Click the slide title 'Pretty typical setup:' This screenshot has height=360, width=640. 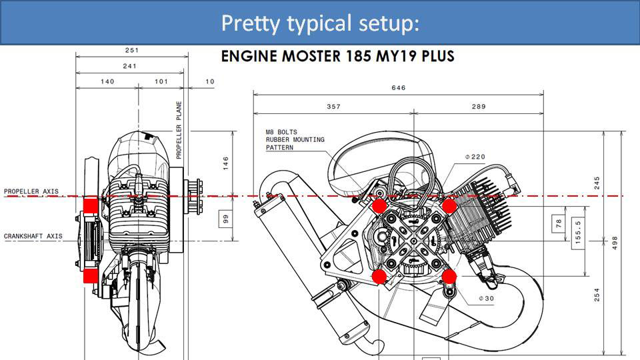(x=320, y=23)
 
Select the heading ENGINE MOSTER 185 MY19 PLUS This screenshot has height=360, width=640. (x=337, y=56)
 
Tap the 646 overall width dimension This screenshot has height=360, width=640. (x=398, y=87)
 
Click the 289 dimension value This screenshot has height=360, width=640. (x=479, y=106)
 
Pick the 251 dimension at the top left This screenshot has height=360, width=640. (x=131, y=50)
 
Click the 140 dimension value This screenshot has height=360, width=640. (x=107, y=81)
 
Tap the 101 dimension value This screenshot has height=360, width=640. (x=160, y=81)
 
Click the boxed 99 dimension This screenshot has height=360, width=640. (x=225, y=217)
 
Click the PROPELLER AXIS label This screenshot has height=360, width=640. (x=31, y=191)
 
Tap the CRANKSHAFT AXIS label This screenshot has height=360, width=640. (x=33, y=236)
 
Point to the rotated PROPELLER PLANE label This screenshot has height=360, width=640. (x=179, y=130)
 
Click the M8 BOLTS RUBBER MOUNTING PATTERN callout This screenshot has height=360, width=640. (x=295, y=140)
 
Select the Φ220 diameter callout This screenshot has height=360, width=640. (x=475, y=157)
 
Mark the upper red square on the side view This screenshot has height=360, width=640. (x=90, y=205)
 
